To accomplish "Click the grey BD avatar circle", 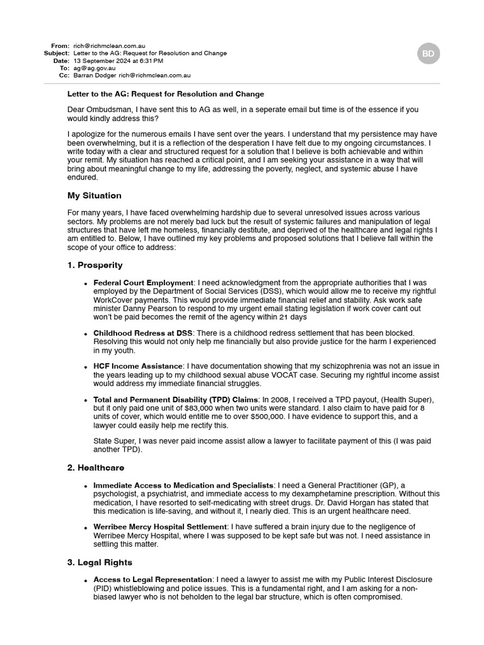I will pyautogui.click(x=429, y=54).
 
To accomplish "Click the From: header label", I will pyautogui.click(x=60, y=46).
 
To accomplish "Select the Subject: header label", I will pyautogui.click(x=57, y=54).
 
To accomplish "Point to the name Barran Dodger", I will pyautogui.click(x=95, y=76).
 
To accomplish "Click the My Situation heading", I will pyautogui.click(x=95, y=196).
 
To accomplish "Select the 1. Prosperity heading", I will pyautogui.click(x=95, y=265).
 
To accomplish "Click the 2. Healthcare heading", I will pyautogui.click(x=96, y=468).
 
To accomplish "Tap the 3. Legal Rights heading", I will pyautogui.click(x=100, y=562).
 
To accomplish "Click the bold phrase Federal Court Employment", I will pyautogui.click(x=143, y=283).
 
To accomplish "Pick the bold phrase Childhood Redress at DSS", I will pyautogui.click(x=142, y=333).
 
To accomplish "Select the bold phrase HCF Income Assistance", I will pyautogui.click(x=138, y=367).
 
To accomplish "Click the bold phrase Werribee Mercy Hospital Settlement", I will pyautogui.click(x=160, y=527).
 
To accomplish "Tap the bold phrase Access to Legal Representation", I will pyautogui.click(x=153, y=579).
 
